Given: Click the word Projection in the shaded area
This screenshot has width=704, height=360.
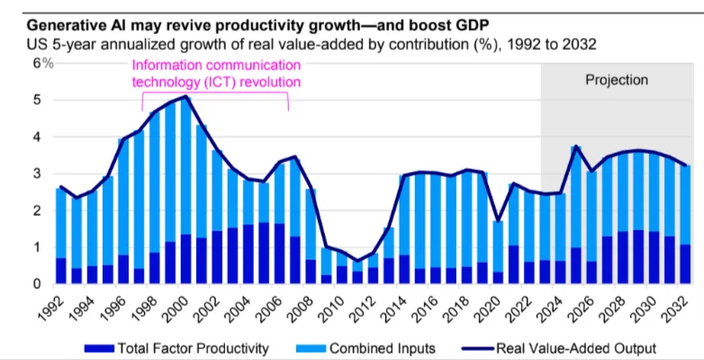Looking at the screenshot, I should (x=617, y=80).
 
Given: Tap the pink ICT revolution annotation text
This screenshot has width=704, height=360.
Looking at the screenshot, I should (x=216, y=74).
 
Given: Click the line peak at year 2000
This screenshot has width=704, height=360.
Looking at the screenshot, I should (x=185, y=96).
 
